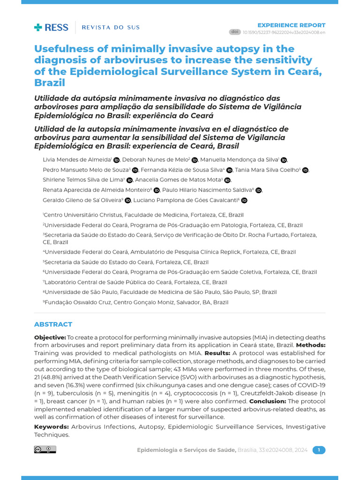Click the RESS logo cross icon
click(x=38, y=27)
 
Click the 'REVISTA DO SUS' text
click(x=111, y=27)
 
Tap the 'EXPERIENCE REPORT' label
click(x=292, y=25)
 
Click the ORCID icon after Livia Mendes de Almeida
click(x=116, y=160)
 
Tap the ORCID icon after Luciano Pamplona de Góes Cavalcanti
click(x=244, y=201)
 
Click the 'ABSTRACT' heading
click(x=53, y=324)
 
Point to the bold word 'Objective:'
click(x=50, y=337)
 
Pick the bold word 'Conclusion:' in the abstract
click(x=268, y=401)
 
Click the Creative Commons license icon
click(x=45, y=450)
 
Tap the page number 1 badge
click(x=319, y=450)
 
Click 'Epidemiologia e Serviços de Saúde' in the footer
click(x=186, y=450)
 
